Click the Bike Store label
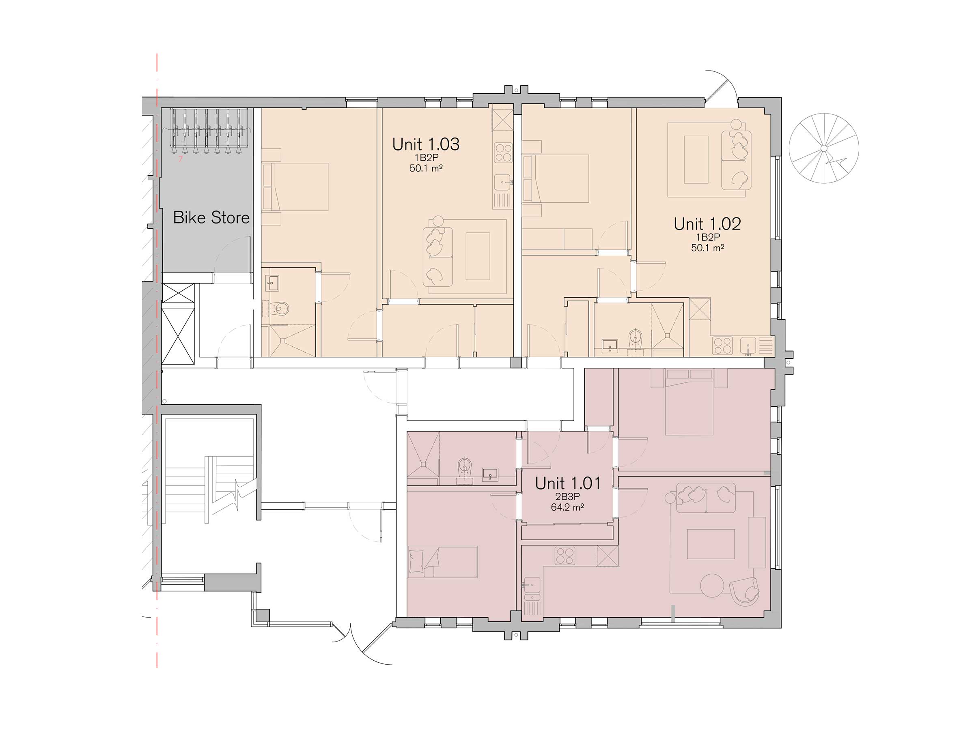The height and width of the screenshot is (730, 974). point(211,217)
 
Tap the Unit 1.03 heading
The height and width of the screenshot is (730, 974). point(426,144)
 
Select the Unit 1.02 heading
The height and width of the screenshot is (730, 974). point(707,224)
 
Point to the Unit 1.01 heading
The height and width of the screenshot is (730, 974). point(568,483)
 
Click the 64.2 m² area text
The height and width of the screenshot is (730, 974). point(568,507)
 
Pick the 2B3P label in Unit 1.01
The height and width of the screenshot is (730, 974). point(568,497)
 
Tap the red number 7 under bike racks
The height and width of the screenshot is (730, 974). point(180,159)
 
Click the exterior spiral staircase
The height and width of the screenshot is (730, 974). point(824,148)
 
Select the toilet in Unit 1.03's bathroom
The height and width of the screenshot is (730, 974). point(278,309)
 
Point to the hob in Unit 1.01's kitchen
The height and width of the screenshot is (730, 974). point(565,556)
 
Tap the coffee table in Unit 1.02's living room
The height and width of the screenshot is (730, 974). point(696,159)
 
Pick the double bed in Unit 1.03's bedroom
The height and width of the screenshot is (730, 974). point(295,187)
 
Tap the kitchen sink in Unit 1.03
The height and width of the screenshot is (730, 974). point(503,182)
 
